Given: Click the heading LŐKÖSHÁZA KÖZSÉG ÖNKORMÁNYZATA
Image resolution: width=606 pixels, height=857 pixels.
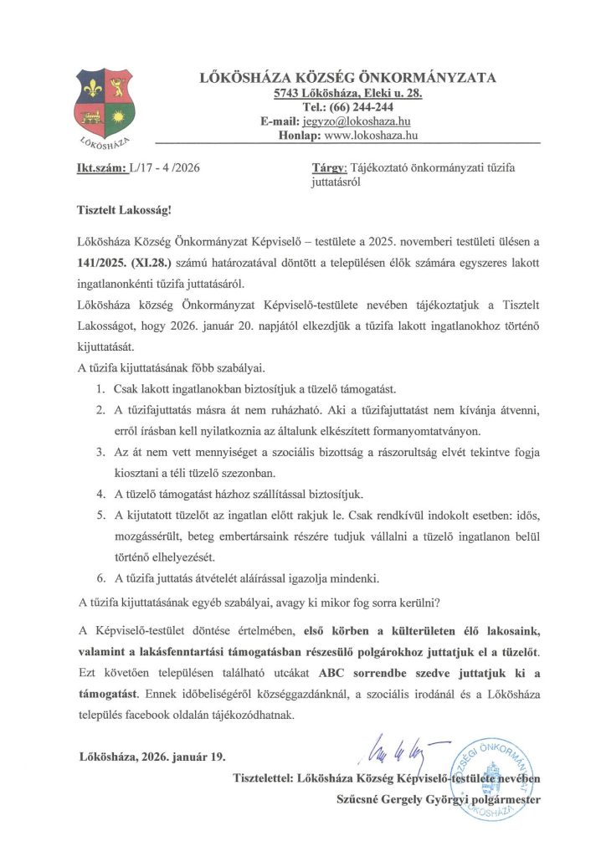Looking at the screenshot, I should pyautogui.click(x=347, y=78).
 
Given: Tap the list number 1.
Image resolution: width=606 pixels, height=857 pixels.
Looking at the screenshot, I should pyautogui.click(x=98, y=389).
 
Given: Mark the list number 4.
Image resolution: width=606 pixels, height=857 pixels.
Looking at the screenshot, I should pyautogui.click(x=98, y=492).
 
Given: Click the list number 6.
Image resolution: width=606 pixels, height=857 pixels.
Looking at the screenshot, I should pyautogui.click(x=98, y=577).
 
